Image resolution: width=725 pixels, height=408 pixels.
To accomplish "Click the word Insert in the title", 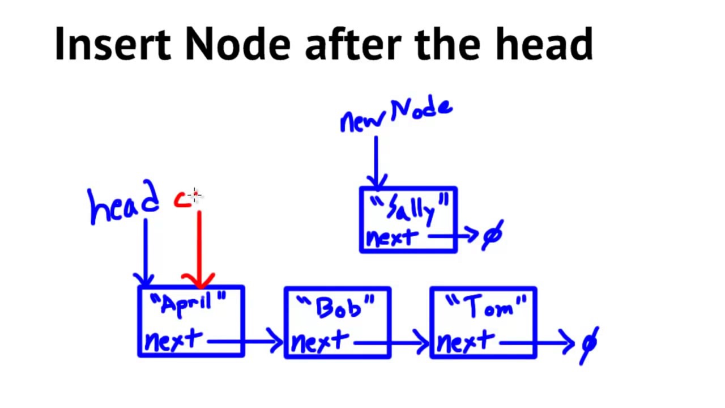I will click(112, 44).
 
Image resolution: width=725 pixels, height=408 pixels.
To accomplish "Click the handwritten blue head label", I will click(124, 206).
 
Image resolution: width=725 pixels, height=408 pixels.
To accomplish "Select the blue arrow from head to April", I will click(146, 249).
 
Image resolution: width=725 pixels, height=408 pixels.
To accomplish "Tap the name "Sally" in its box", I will click(411, 209).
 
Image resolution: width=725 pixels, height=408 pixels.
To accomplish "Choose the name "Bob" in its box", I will click(338, 308).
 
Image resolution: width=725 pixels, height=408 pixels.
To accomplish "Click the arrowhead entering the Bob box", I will click(276, 342).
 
